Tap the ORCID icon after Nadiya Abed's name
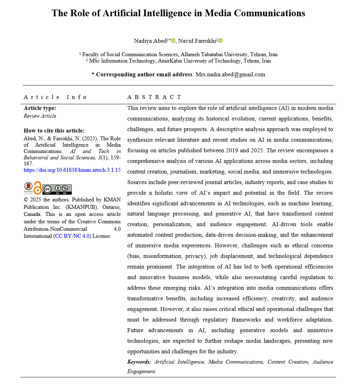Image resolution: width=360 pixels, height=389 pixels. point(173,41)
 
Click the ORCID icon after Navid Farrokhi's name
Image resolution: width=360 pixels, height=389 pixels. point(221,41)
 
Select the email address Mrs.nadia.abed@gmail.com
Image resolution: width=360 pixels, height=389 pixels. point(230,75)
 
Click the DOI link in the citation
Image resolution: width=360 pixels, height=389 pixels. point(72,170)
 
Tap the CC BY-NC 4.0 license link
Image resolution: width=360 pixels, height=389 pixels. point(72,236)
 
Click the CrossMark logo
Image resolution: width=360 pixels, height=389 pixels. point(28,188)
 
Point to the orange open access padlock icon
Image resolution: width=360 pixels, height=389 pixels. point(37,188)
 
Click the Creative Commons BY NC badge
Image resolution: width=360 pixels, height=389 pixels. point(57,189)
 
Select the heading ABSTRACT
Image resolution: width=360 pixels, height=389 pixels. point(154,97)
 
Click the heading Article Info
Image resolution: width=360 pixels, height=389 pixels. point(55,97)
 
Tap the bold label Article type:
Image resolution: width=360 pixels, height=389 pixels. point(40,108)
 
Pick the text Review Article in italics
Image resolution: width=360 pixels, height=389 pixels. point(40,116)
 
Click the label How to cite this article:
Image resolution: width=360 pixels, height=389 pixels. point(54,131)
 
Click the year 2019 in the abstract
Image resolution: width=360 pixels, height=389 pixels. point(232,151)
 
